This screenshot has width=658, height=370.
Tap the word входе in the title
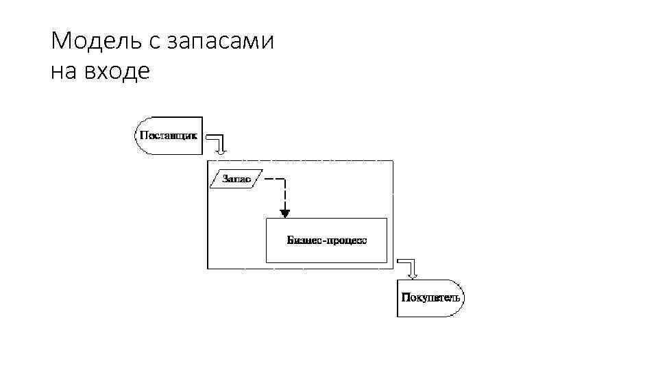pyautogui.click(x=119, y=71)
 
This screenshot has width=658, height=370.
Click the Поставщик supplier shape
pyautogui.click(x=169, y=135)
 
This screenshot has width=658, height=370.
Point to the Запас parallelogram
pyautogui.click(x=235, y=180)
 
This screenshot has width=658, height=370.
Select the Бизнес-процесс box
pyautogui.click(x=326, y=241)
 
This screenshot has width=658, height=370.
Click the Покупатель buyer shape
pyautogui.click(x=430, y=298)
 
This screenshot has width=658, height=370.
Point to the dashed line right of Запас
pyautogui.click(x=274, y=180)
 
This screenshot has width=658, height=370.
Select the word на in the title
pyautogui.click(x=66, y=71)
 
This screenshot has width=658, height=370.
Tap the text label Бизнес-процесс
pyautogui.click(x=326, y=241)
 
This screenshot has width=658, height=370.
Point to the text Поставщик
pyautogui.click(x=169, y=135)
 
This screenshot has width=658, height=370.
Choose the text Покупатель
pyautogui.click(x=430, y=298)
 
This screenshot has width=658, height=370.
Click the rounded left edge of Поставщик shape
pyautogui.click(x=138, y=135)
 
